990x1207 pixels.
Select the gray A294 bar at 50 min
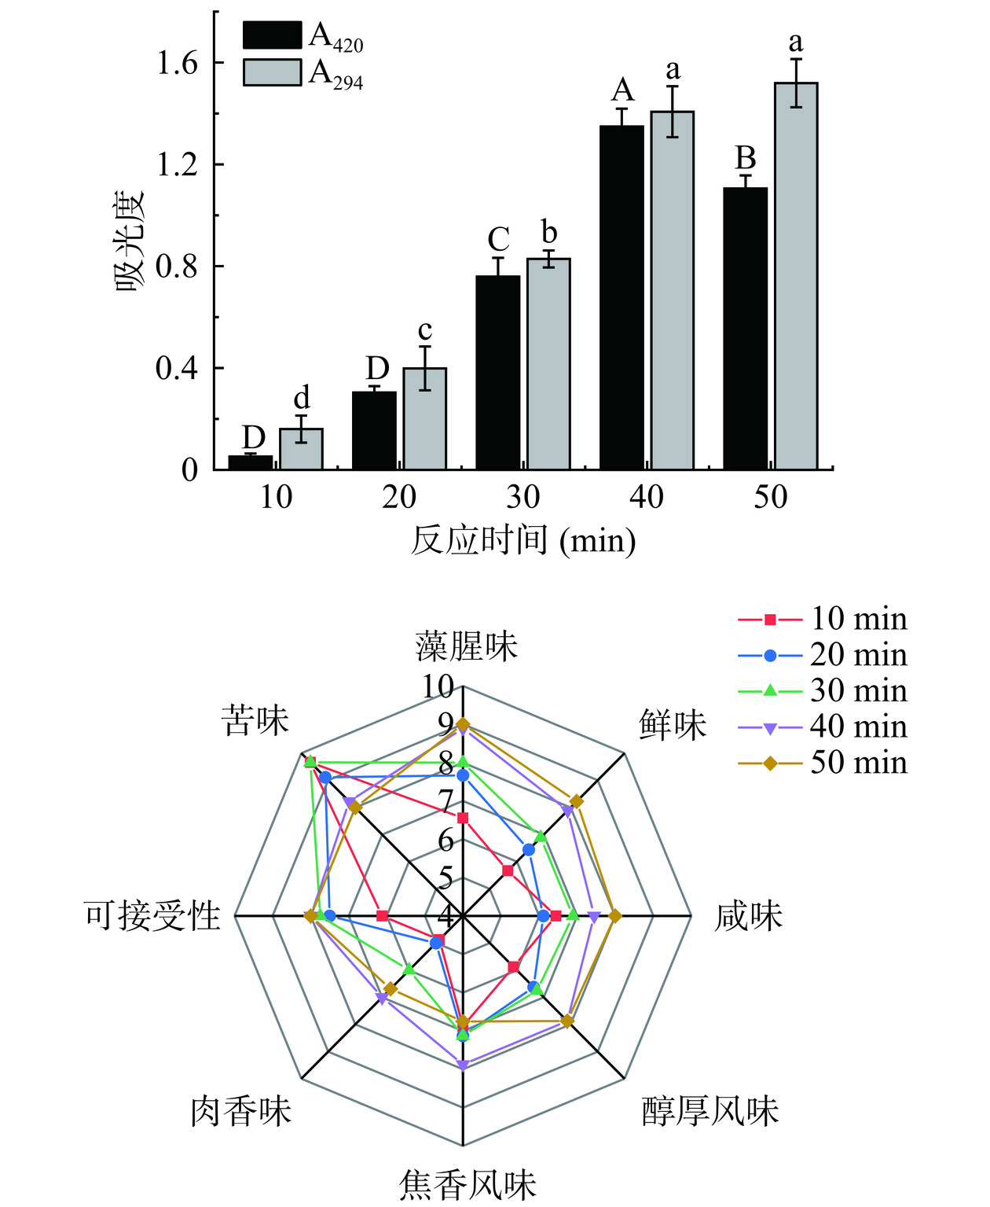(x=796, y=275)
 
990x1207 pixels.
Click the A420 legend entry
(x=303, y=36)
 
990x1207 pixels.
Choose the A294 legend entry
(x=303, y=72)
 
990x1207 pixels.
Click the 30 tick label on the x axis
(x=522, y=497)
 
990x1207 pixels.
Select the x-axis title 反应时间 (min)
(x=523, y=541)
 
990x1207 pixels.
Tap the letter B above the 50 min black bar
(x=745, y=159)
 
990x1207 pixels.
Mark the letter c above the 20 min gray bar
(x=424, y=330)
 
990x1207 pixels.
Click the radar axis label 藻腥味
(x=467, y=646)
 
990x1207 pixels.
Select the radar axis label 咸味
(x=748, y=917)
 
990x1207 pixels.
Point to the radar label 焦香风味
(x=467, y=1184)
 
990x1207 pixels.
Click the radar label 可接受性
(x=152, y=917)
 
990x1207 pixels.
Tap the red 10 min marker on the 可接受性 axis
(x=383, y=915)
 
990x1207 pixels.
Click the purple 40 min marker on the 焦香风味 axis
(x=463, y=1066)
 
